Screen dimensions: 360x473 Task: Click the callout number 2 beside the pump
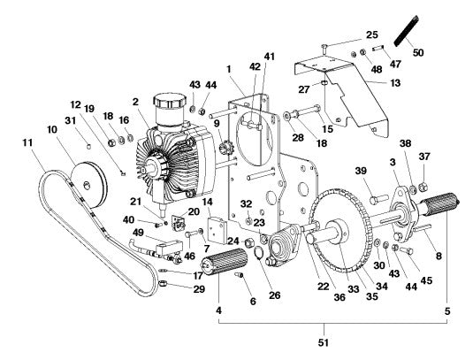pos(135,103)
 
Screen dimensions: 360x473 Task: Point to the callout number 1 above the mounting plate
pos(229,69)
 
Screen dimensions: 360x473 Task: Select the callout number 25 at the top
pos(370,34)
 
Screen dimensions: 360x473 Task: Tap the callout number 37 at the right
pos(424,157)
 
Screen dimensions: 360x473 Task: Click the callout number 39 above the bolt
pos(361,172)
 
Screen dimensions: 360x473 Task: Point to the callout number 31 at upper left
pos(71,120)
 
